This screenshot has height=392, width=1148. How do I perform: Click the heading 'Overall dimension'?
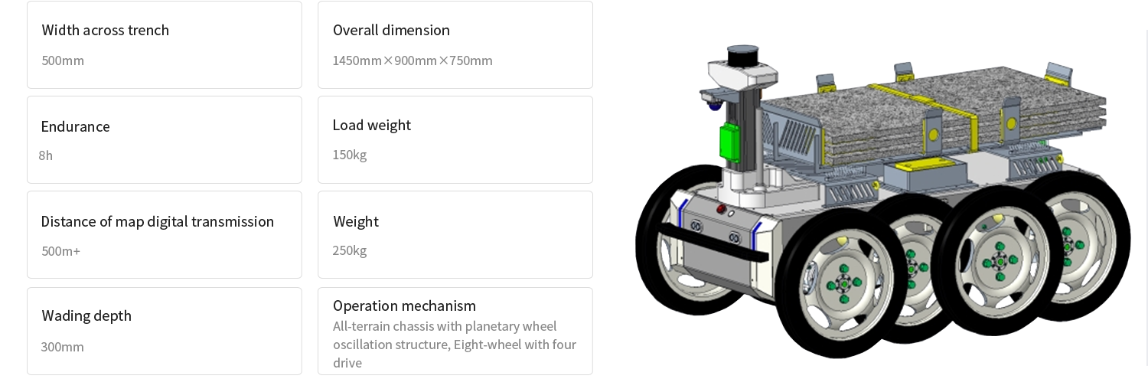pyautogui.click(x=391, y=31)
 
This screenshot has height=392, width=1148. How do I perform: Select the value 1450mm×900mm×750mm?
pyautogui.click(x=412, y=60)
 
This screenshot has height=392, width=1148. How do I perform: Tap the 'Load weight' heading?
pyautogui.click(x=372, y=126)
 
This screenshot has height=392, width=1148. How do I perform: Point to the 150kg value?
pyautogui.click(x=350, y=155)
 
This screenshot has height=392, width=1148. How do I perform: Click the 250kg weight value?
pyautogui.click(x=350, y=251)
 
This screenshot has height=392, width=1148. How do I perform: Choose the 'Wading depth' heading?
pyautogui.click(x=86, y=316)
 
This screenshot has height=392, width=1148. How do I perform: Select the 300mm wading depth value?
pyautogui.click(x=62, y=348)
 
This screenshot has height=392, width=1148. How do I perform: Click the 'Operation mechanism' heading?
pyautogui.click(x=404, y=306)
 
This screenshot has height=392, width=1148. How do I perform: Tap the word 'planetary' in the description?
pyautogui.click(x=471, y=327)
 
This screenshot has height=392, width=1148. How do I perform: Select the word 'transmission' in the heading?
pyautogui.click(x=234, y=222)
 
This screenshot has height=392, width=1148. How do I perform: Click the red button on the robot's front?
pyautogui.click(x=720, y=209)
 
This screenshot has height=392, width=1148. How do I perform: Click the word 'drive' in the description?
pyautogui.click(x=347, y=363)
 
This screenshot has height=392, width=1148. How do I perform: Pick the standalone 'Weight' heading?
pyautogui.click(x=356, y=222)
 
